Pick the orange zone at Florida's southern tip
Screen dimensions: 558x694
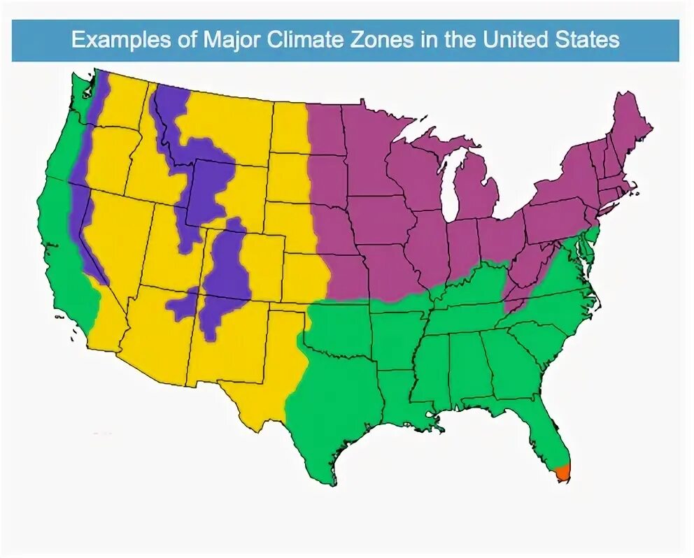563,471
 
